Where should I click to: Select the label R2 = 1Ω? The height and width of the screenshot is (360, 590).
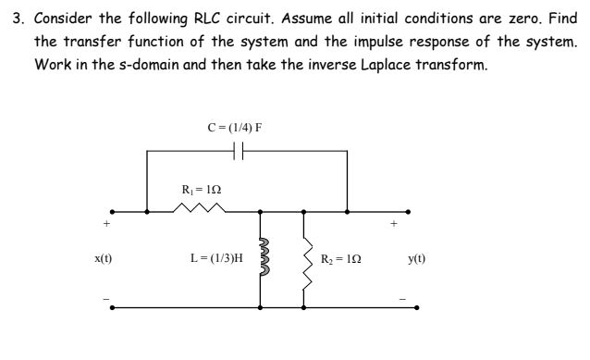(x=342, y=258)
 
